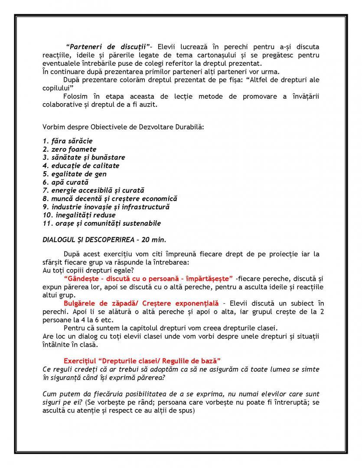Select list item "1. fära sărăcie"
(x=67, y=141)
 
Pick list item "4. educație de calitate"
(x=81, y=166)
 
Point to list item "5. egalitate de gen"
(x=74, y=174)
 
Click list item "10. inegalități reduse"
(x=79, y=215)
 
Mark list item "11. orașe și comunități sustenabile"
(x=101, y=223)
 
